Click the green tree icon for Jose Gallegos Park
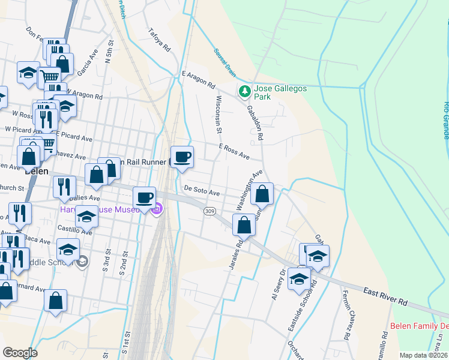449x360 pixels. (x=244, y=92)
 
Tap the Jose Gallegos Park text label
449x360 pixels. (x=280, y=92)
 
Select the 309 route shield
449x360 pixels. (x=209, y=211)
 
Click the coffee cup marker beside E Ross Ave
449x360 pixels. (x=182, y=157)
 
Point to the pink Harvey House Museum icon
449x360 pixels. (x=157, y=209)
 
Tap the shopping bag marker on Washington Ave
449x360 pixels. (x=262, y=193)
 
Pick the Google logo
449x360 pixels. (x=20, y=352)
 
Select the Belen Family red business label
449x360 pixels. (x=419, y=326)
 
